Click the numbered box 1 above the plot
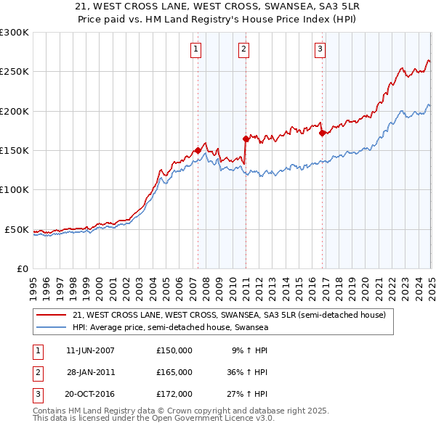click(197, 49)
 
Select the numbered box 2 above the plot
click(243, 49)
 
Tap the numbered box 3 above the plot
click(320, 49)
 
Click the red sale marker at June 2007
click(198, 150)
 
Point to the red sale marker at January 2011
click(246, 139)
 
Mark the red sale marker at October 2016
click(322, 133)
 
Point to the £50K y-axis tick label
click(17, 229)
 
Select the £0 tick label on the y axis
click(23, 268)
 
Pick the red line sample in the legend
click(52, 316)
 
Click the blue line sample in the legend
click(52, 328)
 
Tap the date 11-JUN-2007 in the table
click(90, 350)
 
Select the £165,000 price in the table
click(174, 372)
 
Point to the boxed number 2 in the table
click(36, 372)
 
